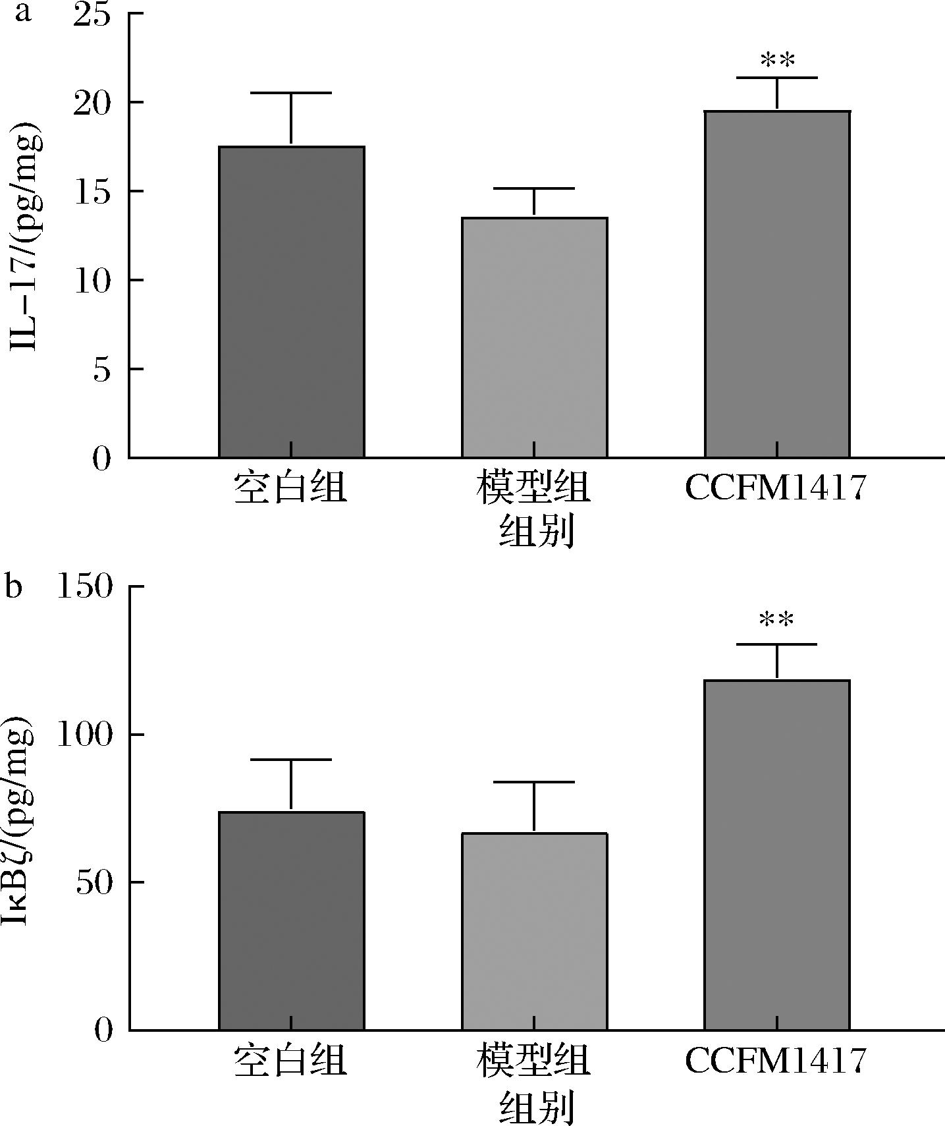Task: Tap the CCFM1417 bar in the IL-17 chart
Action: coord(777,284)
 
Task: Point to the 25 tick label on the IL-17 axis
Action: coord(92,14)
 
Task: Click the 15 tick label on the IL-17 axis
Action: coord(92,192)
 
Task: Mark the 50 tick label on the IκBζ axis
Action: coord(92,883)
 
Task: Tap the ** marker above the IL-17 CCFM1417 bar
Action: coord(777,61)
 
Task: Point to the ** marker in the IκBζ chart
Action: coord(777,620)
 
